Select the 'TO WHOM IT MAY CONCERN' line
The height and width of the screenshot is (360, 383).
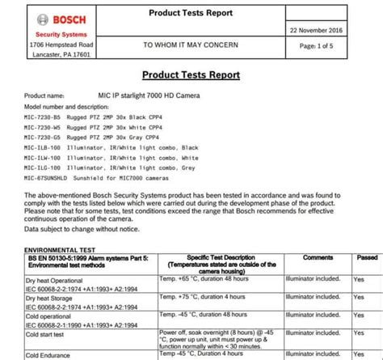[191, 45]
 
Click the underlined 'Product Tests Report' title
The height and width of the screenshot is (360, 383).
[191, 74]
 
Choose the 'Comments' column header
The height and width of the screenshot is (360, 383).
[318, 258]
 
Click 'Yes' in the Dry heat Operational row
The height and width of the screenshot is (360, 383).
[359, 278]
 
